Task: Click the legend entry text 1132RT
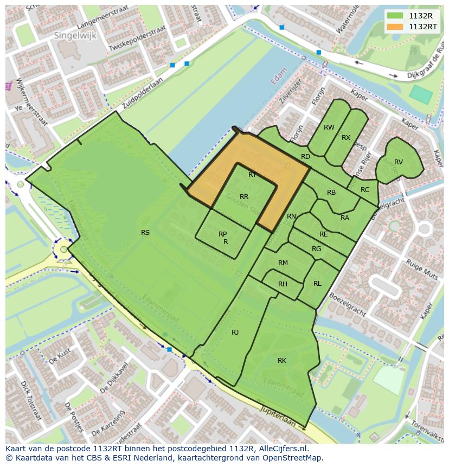423,26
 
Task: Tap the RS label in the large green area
145,233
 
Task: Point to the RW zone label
329,127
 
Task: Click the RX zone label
346,138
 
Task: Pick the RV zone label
399,162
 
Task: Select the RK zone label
282,361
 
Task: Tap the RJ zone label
235,332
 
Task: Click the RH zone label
283,284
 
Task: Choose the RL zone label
317,284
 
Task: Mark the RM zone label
283,263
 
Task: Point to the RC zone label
365,190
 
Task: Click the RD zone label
305,157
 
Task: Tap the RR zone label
244,197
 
